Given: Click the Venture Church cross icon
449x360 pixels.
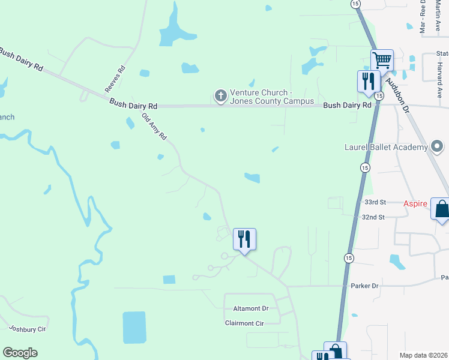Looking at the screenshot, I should click(221, 95).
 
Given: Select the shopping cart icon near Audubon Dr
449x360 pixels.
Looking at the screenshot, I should click(382, 60).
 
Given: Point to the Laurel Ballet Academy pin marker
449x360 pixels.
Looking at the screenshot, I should click(438, 146).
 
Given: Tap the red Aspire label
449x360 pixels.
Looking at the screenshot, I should click(415, 204).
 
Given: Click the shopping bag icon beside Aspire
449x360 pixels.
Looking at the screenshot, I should click(442, 209).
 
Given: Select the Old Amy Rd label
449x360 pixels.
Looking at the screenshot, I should click(154, 127).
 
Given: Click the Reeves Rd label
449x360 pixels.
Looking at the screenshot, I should click(115, 79).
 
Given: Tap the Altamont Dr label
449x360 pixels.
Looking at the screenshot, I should click(252, 308).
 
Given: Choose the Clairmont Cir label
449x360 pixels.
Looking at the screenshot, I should click(244, 323).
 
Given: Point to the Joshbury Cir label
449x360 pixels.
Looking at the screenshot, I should click(28, 329).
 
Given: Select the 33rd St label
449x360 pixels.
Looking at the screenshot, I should click(374, 203).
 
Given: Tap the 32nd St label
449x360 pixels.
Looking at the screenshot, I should click(373, 217).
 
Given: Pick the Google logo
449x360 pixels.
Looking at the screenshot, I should click(20, 353).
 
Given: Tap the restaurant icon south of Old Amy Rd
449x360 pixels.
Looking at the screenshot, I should click(244, 239).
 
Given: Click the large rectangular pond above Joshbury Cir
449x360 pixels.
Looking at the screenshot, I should click(134, 328).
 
